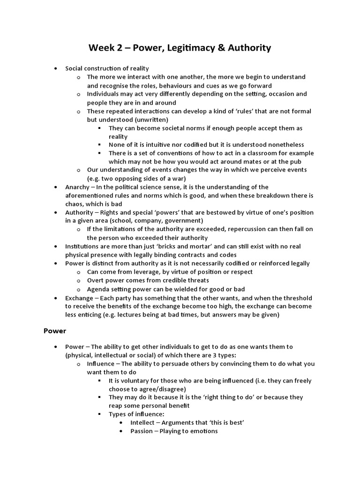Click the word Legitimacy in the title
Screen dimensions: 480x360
coord(179,48)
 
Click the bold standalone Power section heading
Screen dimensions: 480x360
coord(55,330)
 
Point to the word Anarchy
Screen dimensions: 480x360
coord(77,187)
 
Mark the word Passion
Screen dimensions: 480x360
coord(142,431)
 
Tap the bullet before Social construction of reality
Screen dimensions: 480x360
coord(56,69)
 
